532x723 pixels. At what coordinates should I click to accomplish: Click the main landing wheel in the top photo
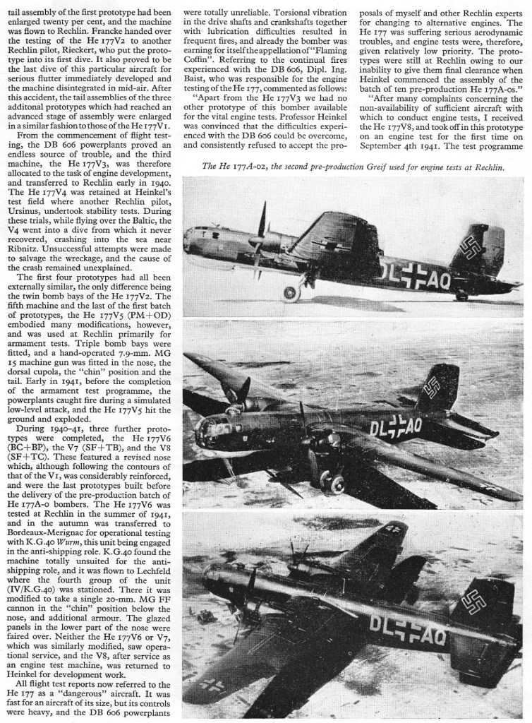(291, 292)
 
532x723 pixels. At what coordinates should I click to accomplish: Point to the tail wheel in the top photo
(461, 296)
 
